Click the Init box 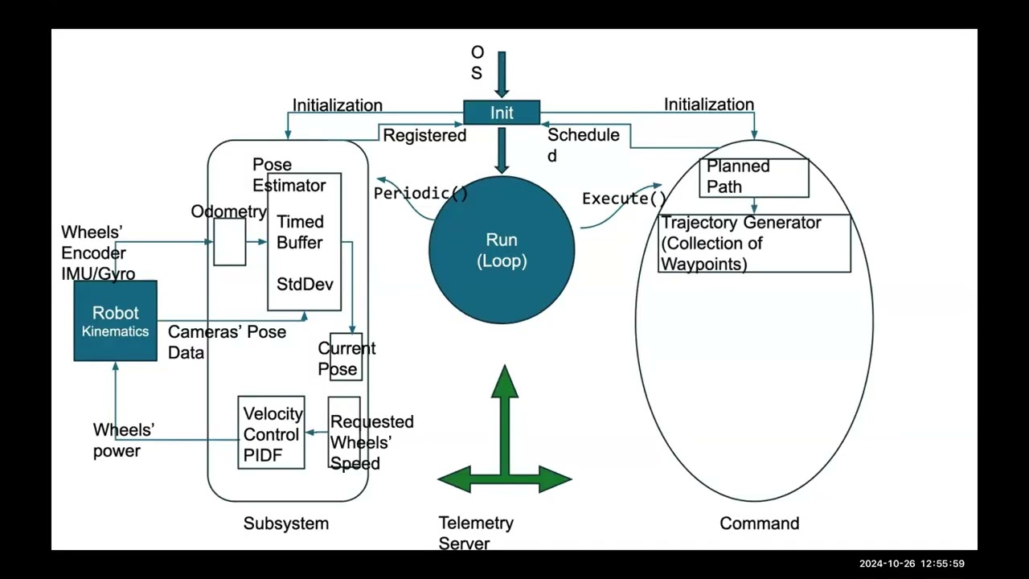(x=502, y=113)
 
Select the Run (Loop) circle (x=502, y=250)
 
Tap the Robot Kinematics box (x=115, y=321)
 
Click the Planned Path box (x=754, y=178)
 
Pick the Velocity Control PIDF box (x=271, y=433)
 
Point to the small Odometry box (x=230, y=242)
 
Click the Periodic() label (x=420, y=194)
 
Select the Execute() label (x=625, y=199)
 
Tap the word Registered (x=424, y=136)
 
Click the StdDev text (x=305, y=285)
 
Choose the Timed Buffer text (x=300, y=232)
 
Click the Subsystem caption (x=286, y=524)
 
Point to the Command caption (x=760, y=524)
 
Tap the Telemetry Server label (x=476, y=533)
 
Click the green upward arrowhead (x=504, y=381)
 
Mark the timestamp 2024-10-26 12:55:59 (x=912, y=564)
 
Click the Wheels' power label (x=124, y=440)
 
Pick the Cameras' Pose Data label (x=227, y=342)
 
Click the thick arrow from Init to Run (x=502, y=150)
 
